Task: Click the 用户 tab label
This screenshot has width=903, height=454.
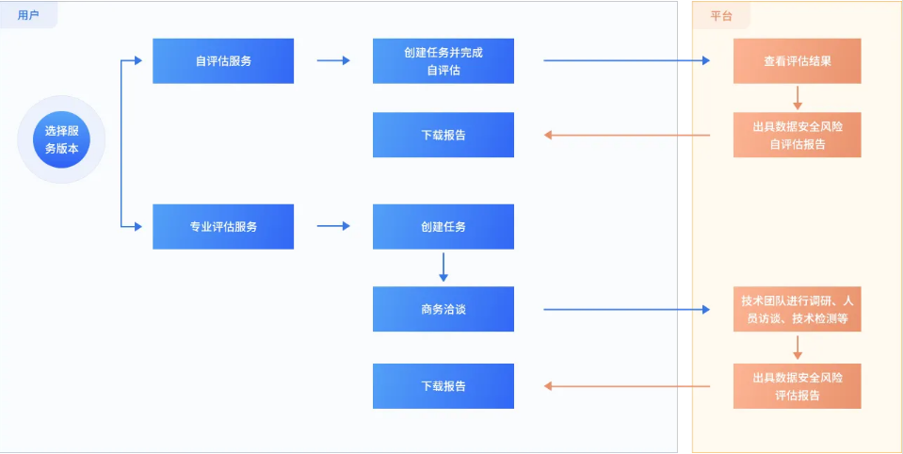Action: pos(28,15)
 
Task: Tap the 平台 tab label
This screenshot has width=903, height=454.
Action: pos(721,16)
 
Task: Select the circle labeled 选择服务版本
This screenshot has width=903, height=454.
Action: pos(62,140)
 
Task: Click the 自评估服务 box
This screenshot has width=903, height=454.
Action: pos(223,61)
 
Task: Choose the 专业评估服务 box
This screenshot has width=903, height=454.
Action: pos(223,226)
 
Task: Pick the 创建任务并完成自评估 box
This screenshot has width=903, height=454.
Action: pos(443,61)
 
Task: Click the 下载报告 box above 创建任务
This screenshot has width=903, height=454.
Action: pos(443,135)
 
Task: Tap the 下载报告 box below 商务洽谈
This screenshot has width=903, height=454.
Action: pos(443,386)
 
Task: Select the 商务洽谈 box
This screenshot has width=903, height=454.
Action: pos(443,309)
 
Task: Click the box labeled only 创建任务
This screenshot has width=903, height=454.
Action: pos(443,226)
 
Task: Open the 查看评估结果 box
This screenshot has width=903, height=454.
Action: pos(797,61)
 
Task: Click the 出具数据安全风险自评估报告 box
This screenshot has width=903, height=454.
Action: pos(797,135)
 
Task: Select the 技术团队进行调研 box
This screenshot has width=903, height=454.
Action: pos(797,309)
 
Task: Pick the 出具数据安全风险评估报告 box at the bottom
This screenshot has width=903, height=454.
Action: pos(797,386)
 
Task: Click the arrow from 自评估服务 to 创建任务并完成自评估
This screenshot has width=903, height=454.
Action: pos(333,61)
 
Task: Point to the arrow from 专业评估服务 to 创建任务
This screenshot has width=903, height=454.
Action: pos(333,226)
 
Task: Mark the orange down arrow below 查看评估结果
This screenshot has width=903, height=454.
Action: pos(798,98)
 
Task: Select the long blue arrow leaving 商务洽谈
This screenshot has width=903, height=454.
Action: pos(626,309)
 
